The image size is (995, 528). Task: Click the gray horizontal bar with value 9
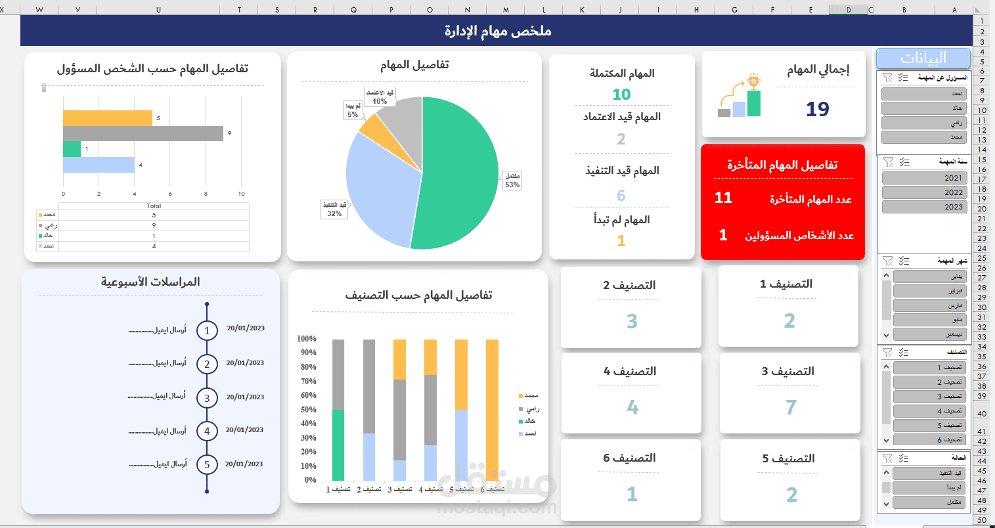point(143,133)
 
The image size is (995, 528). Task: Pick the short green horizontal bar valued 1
point(72,149)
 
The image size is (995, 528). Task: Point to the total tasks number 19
point(818,109)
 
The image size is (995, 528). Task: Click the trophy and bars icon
point(740,97)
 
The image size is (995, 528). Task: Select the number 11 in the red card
point(723,198)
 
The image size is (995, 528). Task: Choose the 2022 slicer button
point(924,192)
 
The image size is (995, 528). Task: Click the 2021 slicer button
point(924,178)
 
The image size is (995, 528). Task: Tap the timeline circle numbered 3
point(207,397)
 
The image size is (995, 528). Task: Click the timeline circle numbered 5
point(207,464)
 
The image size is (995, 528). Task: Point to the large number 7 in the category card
point(791,408)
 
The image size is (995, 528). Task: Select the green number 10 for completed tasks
point(621,95)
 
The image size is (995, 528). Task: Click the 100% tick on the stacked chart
point(307,339)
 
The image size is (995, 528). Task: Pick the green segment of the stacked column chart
point(338,445)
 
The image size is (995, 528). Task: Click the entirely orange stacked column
point(492,410)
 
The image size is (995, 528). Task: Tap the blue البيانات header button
point(923,58)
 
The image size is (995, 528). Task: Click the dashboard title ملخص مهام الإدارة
point(497,31)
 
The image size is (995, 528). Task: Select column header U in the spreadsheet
point(158,10)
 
